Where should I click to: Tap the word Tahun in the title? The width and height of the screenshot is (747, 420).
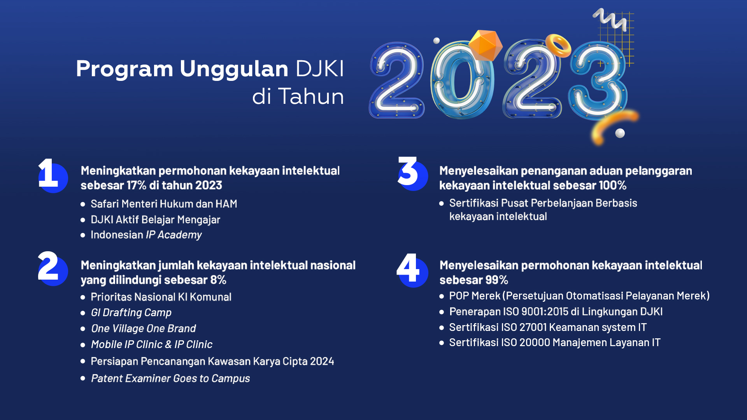pyautogui.click(x=311, y=96)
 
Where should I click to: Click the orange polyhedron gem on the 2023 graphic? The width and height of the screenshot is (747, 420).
pyautogui.click(x=485, y=45)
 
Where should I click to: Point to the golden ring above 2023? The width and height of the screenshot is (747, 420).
pyautogui.click(x=558, y=45)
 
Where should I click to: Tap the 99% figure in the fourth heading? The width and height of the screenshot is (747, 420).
pyautogui.click(x=496, y=280)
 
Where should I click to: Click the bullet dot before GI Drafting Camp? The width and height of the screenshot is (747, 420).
pyautogui.click(x=83, y=313)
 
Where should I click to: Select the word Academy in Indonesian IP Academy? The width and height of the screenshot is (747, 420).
pyautogui.click(x=180, y=235)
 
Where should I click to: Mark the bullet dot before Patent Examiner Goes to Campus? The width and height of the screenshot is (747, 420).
pyautogui.click(x=83, y=378)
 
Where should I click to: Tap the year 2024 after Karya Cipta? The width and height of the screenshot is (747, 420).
pyautogui.click(x=322, y=361)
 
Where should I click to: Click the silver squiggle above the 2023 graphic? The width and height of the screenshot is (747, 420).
pyautogui.click(x=610, y=19)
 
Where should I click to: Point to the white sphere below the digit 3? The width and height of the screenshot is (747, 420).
pyautogui.click(x=620, y=133)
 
